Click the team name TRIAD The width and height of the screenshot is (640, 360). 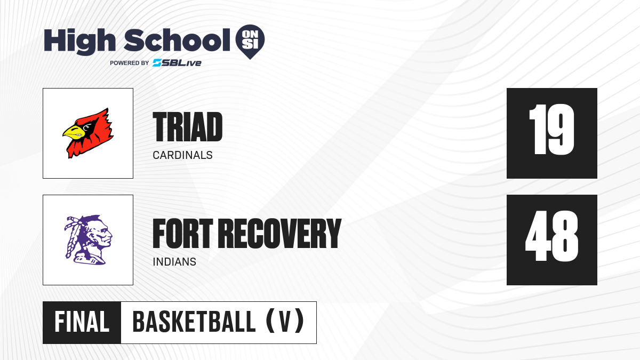click(x=187, y=126)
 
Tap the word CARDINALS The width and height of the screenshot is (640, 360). click(x=182, y=155)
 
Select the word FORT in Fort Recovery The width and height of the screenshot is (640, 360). click(x=183, y=234)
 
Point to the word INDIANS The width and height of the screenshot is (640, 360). click(x=174, y=262)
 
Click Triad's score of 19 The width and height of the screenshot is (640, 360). click(x=551, y=130)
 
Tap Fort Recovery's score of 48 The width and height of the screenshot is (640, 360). click(x=551, y=236)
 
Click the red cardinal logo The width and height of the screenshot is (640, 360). click(x=88, y=133)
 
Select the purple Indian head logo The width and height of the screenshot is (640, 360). click(x=88, y=239)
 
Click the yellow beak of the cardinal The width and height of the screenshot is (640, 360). click(x=74, y=133)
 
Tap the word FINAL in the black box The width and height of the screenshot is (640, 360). click(x=82, y=322)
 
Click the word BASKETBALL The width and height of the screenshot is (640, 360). click(x=194, y=322)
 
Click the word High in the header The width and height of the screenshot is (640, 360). click(x=79, y=42)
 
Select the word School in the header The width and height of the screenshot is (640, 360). click(x=177, y=41)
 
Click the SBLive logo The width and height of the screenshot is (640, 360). click(x=177, y=63)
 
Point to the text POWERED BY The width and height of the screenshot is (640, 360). click(x=129, y=63)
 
